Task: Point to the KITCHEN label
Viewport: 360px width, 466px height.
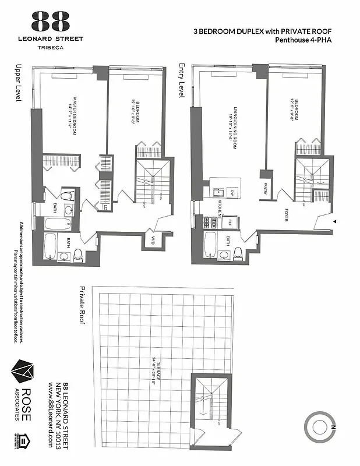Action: (220, 206)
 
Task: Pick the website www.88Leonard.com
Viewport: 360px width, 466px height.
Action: (52, 414)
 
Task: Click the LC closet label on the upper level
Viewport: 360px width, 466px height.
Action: (105, 207)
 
